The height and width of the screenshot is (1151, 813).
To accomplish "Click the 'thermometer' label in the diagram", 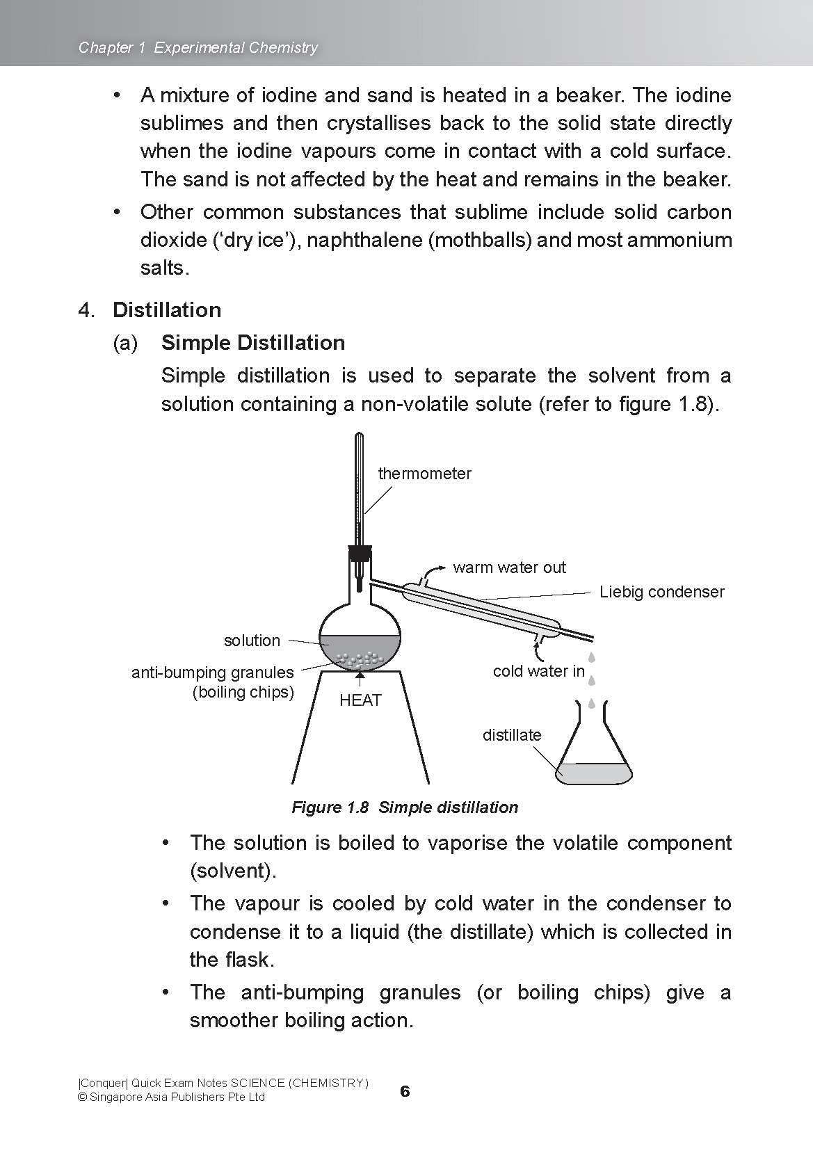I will [x=424, y=474].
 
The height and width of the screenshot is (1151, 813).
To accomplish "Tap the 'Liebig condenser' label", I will [x=661, y=592].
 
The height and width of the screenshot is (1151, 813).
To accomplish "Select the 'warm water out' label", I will [x=509, y=568].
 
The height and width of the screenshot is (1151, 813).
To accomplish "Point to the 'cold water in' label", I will [x=538, y=671].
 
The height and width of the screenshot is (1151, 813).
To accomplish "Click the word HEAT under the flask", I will [x=360, y=700].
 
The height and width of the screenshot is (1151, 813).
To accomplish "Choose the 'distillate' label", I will [x=512, y=735].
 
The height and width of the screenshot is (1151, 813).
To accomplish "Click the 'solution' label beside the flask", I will [x=252, y=641].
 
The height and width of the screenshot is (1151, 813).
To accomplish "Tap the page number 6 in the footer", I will [x=405, y=1091].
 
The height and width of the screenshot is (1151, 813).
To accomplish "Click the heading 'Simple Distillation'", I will [x=253, y=343].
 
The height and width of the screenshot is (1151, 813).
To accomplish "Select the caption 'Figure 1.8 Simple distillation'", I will [x=405, y=807].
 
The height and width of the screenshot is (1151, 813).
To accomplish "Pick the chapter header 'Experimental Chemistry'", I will [x=236, y=47].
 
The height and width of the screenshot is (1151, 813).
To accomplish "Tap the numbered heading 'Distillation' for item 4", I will [x=167, y=310].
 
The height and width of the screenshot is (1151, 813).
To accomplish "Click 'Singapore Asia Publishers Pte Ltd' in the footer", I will [x=177, y=1097].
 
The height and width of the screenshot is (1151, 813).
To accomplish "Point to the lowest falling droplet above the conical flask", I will [x=592, y=703].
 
